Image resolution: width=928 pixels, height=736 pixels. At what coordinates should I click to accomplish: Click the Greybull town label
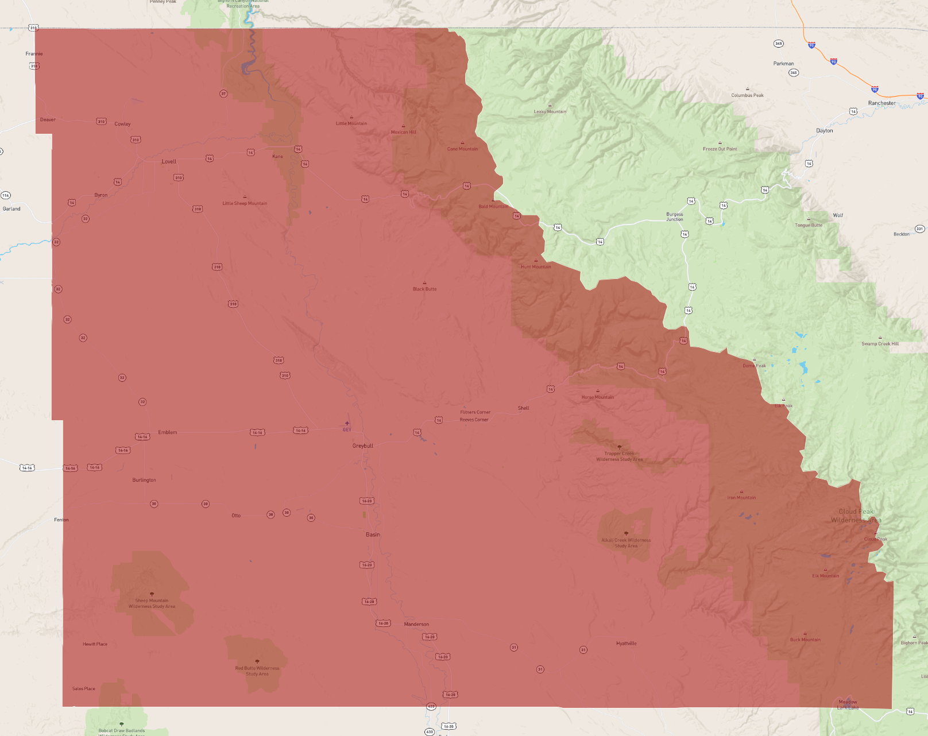[x=363, y=446]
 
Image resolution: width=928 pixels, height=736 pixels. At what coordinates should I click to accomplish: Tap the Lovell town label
[x=169, y=161]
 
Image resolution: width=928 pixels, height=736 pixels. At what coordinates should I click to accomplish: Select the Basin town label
[x=373, y=534]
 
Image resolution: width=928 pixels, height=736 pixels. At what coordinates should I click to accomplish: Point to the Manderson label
[x=416, y=624]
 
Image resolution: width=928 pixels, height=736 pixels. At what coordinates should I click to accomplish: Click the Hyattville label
[x=626, y=644]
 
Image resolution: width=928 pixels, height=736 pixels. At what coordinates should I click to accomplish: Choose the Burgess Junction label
[x=675, y=216]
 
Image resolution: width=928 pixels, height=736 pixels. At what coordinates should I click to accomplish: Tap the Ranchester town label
[x=881, y=103]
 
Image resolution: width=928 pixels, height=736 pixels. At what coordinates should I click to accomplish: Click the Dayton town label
[x=825, y=131]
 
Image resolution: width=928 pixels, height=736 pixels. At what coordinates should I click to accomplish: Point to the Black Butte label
[x=424, y=289]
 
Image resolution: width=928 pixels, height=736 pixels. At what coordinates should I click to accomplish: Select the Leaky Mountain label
[x=550, y=111]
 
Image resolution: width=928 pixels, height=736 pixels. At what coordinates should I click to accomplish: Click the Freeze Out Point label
[x=720, y=149]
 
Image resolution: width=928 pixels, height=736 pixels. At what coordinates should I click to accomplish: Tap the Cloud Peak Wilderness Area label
[x=856, y=516]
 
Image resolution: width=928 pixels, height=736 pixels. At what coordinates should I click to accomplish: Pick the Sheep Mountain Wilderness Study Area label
[x=152, y=603]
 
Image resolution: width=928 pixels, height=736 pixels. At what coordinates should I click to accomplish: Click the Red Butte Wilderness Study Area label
[x=257, y=671]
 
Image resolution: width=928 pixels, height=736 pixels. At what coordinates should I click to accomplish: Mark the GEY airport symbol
[x=347, y=424]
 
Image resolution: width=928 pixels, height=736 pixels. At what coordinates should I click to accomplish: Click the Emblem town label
[x=168, y=432]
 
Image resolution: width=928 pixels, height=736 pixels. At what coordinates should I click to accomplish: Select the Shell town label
[x=523, y=408]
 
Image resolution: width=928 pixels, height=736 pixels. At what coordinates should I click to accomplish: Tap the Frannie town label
[x=34, y=54]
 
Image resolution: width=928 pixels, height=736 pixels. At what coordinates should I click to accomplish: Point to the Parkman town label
[x=783, y=64]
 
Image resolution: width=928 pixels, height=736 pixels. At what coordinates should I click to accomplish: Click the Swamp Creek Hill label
[x=880, y=343]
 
